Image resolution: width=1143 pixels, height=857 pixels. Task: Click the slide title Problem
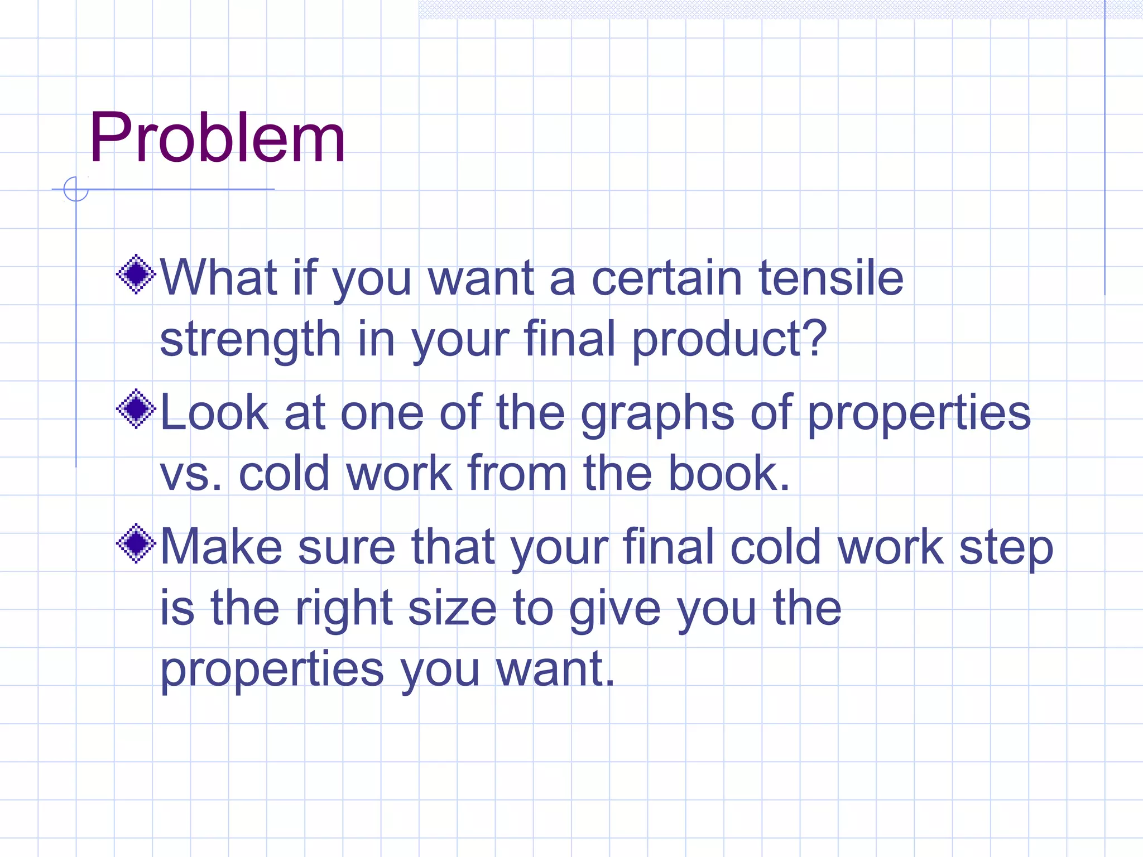point(217,138)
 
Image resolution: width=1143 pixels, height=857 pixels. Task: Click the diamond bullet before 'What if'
point(136,274)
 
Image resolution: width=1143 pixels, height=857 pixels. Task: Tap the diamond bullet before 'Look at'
point(136,409)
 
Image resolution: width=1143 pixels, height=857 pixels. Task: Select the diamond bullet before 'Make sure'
point(136,543)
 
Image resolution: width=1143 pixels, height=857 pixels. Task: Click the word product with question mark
point(729,339)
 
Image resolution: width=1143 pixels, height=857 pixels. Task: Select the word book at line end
point(729,473)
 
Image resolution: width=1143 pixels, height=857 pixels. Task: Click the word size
point(452,608)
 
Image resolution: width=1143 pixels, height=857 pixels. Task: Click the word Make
point(221,547)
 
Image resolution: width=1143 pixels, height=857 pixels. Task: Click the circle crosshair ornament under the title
point(76,189)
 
